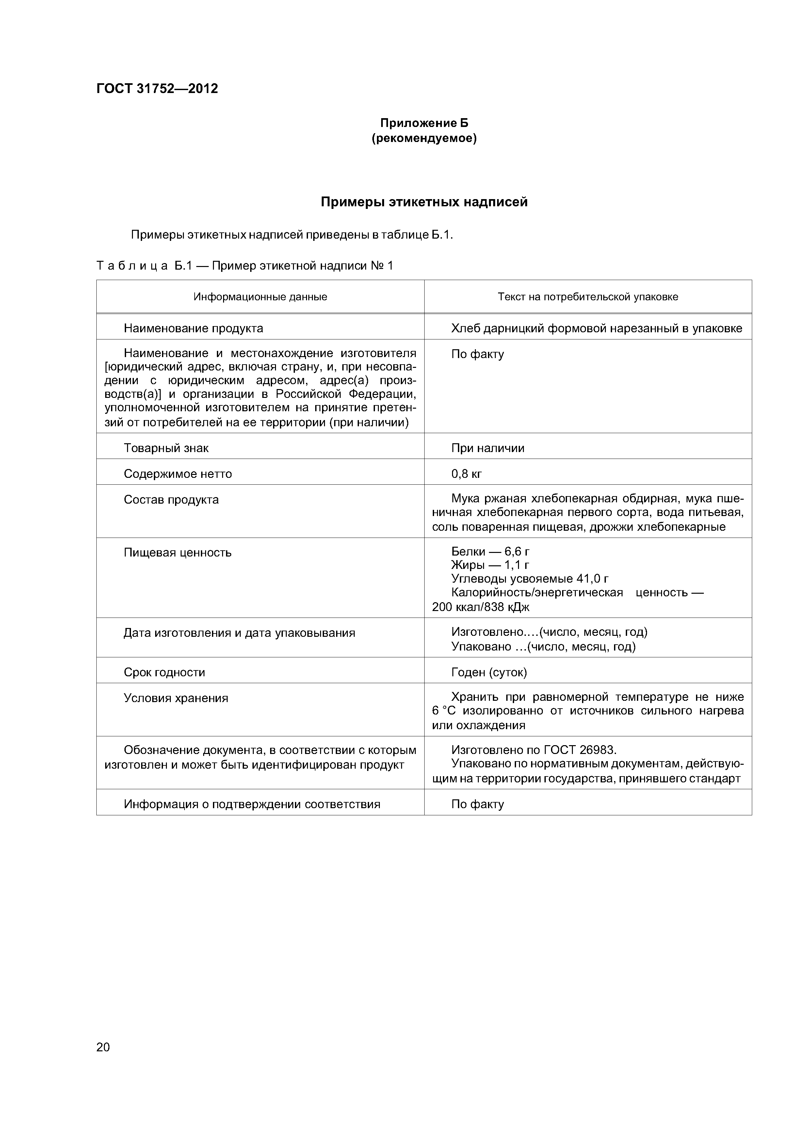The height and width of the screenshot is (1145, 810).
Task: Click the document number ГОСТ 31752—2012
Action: [x=157, y=89]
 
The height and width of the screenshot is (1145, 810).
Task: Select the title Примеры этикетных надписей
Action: [x=424, y=202]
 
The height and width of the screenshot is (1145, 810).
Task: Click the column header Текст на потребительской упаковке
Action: [x=588, y=297]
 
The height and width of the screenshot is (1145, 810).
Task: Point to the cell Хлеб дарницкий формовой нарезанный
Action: [x=596, y=328]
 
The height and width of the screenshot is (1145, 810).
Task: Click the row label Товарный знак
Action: [x=166, y=448]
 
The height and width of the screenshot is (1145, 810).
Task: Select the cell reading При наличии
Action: [x=488, y=448]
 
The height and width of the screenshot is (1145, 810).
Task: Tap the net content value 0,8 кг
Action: [x=467, y=474]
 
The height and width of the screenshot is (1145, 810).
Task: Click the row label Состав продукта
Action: [x=171, y=500]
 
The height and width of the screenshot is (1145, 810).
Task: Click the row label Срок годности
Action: [x=164, y=672]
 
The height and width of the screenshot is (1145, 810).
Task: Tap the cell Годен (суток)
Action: [x=489, y=672]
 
